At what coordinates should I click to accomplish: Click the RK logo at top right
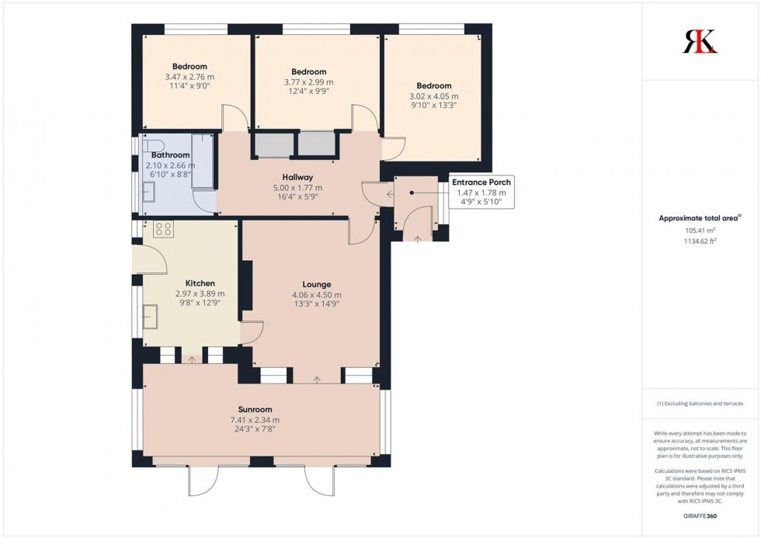click(x=700, y=40)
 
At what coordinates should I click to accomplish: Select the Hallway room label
click(x=297, y=177)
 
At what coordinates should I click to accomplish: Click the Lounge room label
click(x=316, y=284)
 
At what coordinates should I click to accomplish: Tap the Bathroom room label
click(x=170, y=155)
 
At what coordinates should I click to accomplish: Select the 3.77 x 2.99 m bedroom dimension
click(x=308, y=82)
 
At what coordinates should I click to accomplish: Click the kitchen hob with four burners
click(x=163, y=228)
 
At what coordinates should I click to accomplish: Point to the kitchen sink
click(x=151, y=317)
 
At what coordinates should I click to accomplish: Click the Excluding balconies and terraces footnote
click(x=700, y=403)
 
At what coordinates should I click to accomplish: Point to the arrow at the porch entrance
click(x=418, y=239)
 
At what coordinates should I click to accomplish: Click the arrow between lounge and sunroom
click(x=317, y=380)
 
